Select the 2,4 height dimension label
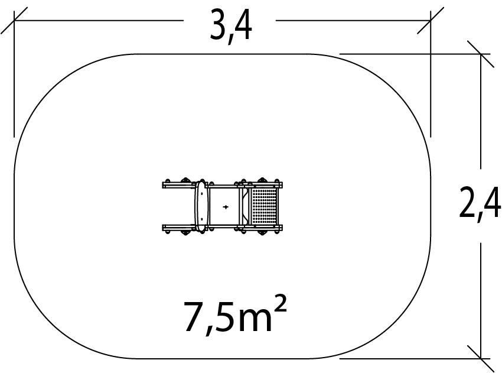(480, 204)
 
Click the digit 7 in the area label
(193, 316)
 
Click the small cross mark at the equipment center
(226, 207)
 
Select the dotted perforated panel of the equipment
(264, 207)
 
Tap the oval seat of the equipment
(201, 206)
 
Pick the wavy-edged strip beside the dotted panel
(246, 207)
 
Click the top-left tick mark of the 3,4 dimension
(14, 21)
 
